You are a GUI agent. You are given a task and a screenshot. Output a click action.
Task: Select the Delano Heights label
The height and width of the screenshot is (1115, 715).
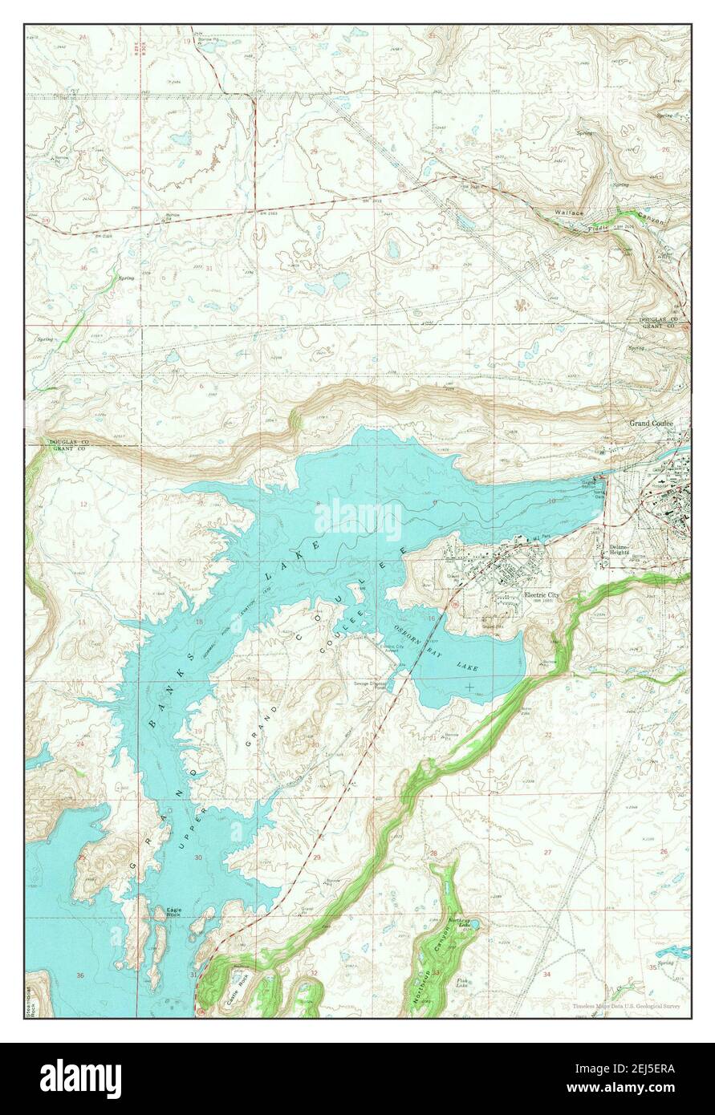pyautogui.click(x=618, y=549)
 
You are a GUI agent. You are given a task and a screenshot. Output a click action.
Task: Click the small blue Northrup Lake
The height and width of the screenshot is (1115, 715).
pyautogui.click(x=472, y=925)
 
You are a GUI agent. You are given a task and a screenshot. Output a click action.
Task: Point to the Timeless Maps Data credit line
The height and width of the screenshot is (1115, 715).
pyautogui.click(x=626, y=1006)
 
